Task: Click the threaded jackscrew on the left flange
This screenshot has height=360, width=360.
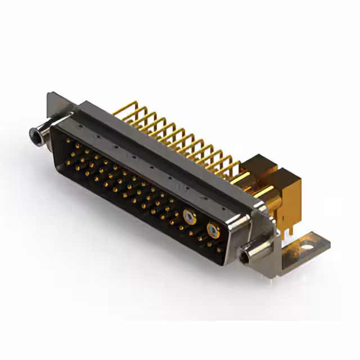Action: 40,134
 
